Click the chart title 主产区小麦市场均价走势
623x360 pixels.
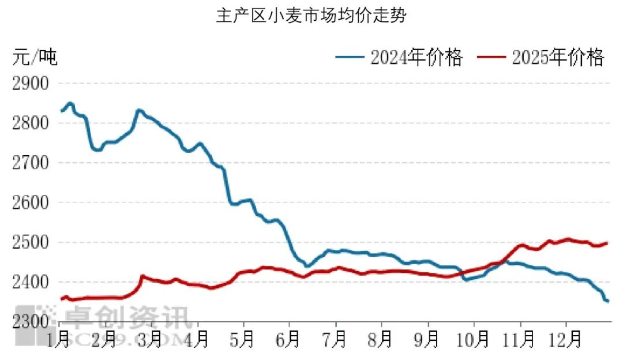(311, 16)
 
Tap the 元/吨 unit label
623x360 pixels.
(35, 58)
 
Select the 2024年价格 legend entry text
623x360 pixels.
(416, 57)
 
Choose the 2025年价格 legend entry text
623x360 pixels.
(558, 57)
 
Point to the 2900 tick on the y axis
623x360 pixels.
(30, 83)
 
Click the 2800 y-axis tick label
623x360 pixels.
(30, 123)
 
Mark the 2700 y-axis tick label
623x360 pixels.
(30, 163)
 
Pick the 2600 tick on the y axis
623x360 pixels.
(30, 202)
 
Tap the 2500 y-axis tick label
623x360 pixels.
(30, 242)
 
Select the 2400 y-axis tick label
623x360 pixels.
(30, 282)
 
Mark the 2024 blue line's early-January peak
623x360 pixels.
(70, 104)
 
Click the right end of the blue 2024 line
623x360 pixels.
(607, 301)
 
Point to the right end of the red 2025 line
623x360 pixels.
(607, 243)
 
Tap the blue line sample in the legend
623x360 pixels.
(350, 57)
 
